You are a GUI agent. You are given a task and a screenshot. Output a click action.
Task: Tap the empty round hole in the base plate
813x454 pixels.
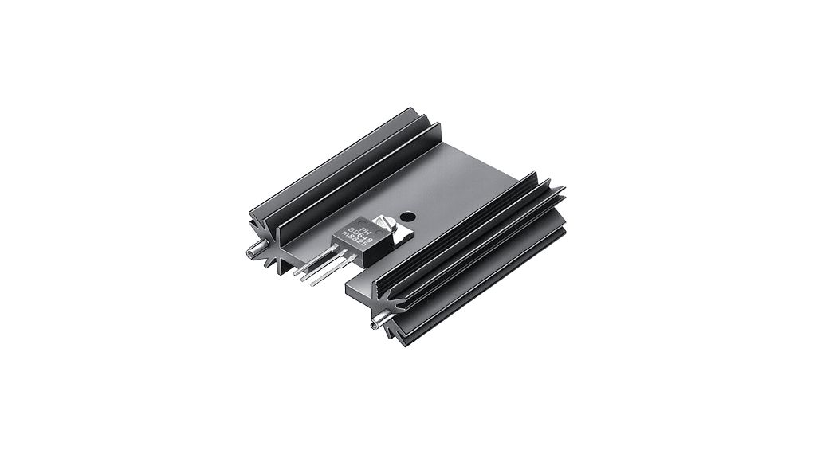408,216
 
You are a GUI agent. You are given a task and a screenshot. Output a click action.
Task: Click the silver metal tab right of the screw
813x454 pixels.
400,233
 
